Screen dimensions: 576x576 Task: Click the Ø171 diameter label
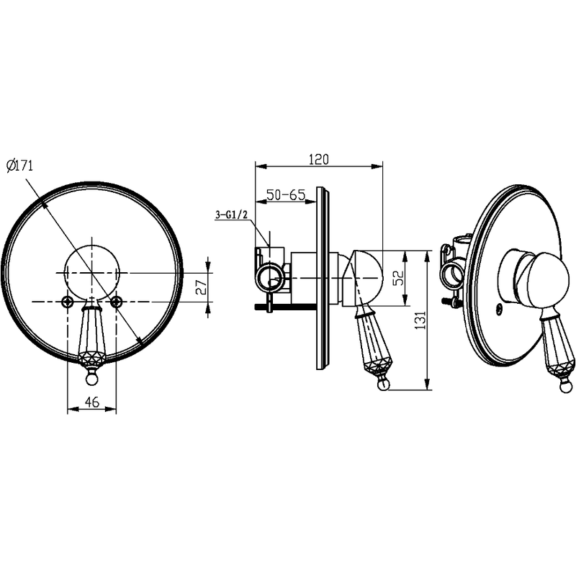click(x=20, y=166)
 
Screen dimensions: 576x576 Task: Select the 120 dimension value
click(x=318, y=159)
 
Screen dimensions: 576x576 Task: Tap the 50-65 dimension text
click(x=286, y=194)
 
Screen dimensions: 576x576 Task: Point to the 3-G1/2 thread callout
click(x=231, y=215)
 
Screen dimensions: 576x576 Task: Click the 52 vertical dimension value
click(x=398, y=277)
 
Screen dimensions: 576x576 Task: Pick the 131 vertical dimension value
click(x=421, y=320)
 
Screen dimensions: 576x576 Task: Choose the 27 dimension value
click(x=201, y=287)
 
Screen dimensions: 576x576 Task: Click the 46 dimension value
click(x=92, y=402)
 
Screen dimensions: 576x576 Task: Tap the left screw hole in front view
click(x=68, y=302)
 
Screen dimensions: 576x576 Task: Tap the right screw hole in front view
click(x=116, y=302)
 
